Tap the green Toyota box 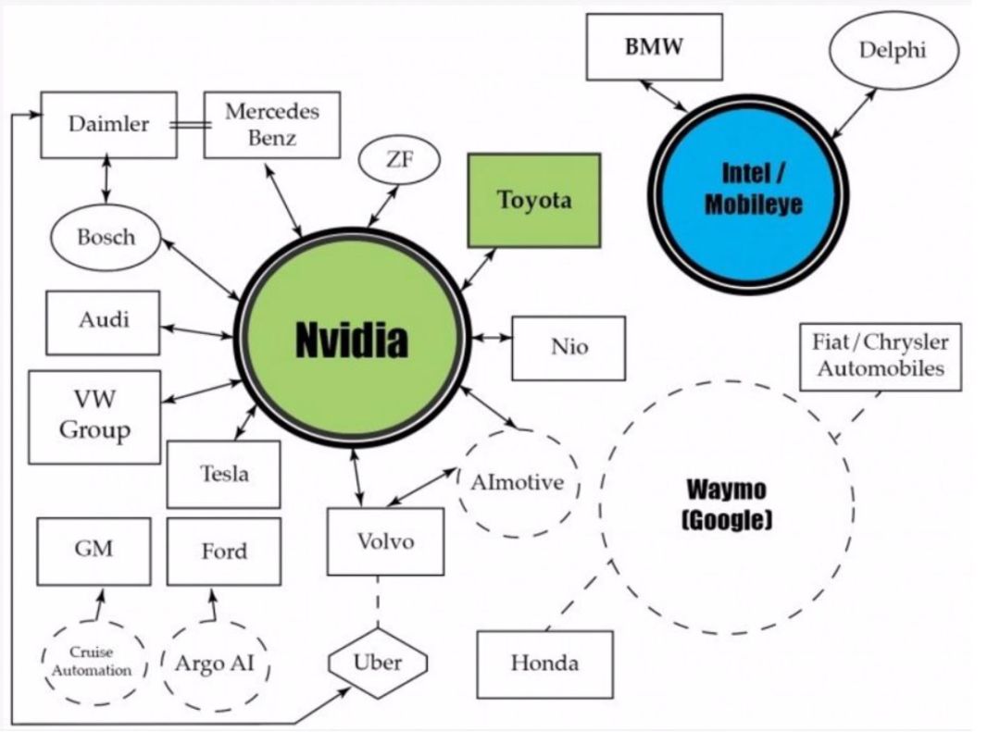click(534, 200)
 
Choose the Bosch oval click(106, 237)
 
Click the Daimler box click(108, 124)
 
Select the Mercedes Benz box click(271, 125)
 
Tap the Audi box click(103, 322)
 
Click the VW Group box click(94, 416)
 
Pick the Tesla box click(223, 474)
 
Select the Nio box click(569, 348)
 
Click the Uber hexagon click(378, 663)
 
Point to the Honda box click(544, 664)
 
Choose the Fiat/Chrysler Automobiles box click(880, 356)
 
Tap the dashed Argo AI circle click(215, 664)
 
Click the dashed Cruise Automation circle click(94, 663)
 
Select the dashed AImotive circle click(518, 483)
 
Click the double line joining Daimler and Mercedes click(190, 124)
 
